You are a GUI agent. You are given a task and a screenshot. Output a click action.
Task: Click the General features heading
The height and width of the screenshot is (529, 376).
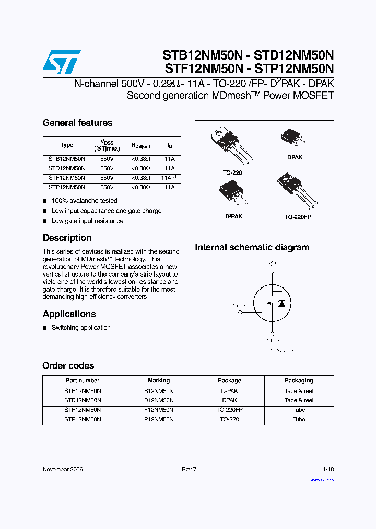point(77,123)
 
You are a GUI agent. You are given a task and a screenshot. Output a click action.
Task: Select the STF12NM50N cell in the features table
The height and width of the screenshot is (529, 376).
point(66,178)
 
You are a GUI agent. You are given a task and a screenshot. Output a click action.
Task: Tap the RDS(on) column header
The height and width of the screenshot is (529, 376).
point(140,146)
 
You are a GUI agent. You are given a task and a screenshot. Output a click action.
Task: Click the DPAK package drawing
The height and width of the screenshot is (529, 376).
point(293,137)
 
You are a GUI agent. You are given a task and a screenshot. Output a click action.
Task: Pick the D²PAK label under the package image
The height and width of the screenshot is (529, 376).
point(233,216)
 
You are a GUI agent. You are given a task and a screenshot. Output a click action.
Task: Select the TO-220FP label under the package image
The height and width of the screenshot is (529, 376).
point(298,216)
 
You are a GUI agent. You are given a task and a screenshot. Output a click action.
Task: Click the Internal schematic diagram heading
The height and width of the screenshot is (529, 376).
point(252,247)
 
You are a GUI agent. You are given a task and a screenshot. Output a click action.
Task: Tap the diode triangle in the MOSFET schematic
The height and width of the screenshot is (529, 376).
point(281,303)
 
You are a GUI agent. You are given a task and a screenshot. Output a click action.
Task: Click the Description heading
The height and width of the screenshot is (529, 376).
point(67,238)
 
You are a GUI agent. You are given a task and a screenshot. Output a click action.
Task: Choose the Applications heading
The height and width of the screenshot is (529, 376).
point(69,314)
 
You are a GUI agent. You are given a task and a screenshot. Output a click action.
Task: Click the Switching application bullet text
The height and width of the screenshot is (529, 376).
point(81,328)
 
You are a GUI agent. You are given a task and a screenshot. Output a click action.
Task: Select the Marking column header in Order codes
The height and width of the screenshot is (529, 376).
point(159,381)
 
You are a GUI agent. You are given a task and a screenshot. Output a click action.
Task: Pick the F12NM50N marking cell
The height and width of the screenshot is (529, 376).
point(159,410)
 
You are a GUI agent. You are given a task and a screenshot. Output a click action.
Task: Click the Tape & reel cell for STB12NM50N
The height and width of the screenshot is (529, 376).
point(299,391)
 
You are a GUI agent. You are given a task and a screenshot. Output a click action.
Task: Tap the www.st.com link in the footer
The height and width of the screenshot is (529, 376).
point(322,479)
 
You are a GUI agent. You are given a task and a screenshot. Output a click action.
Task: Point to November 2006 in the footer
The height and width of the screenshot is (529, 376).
point(63,469)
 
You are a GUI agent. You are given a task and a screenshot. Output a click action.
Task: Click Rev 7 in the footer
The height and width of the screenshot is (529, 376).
point(189,469)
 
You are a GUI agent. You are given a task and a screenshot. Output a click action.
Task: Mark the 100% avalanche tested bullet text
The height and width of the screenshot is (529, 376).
point(84,201)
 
